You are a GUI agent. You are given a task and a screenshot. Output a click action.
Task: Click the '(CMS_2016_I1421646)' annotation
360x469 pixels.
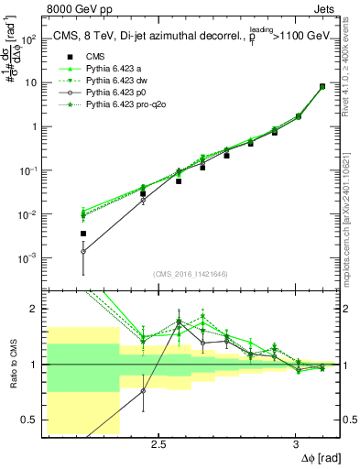tap(191, 274)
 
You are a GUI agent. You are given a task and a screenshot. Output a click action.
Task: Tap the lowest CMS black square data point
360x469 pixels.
tap(83, 234)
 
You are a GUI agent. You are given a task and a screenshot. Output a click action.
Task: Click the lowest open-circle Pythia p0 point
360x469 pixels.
tap(83, 251)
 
